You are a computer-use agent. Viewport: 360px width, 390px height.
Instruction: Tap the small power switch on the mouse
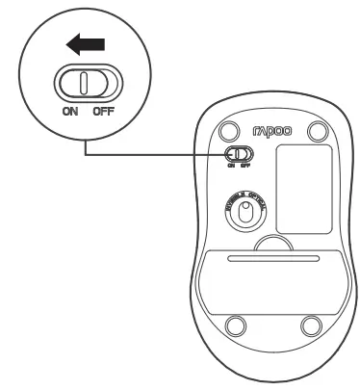pos(238,154)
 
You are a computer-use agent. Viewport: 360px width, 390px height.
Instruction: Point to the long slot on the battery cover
pos(271,259)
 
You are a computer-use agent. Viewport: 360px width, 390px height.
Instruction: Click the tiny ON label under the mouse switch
pos(231,166)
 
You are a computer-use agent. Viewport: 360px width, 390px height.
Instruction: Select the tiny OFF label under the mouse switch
pos(244,166)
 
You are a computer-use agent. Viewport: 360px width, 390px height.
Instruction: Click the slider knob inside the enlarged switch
pos(84,83)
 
